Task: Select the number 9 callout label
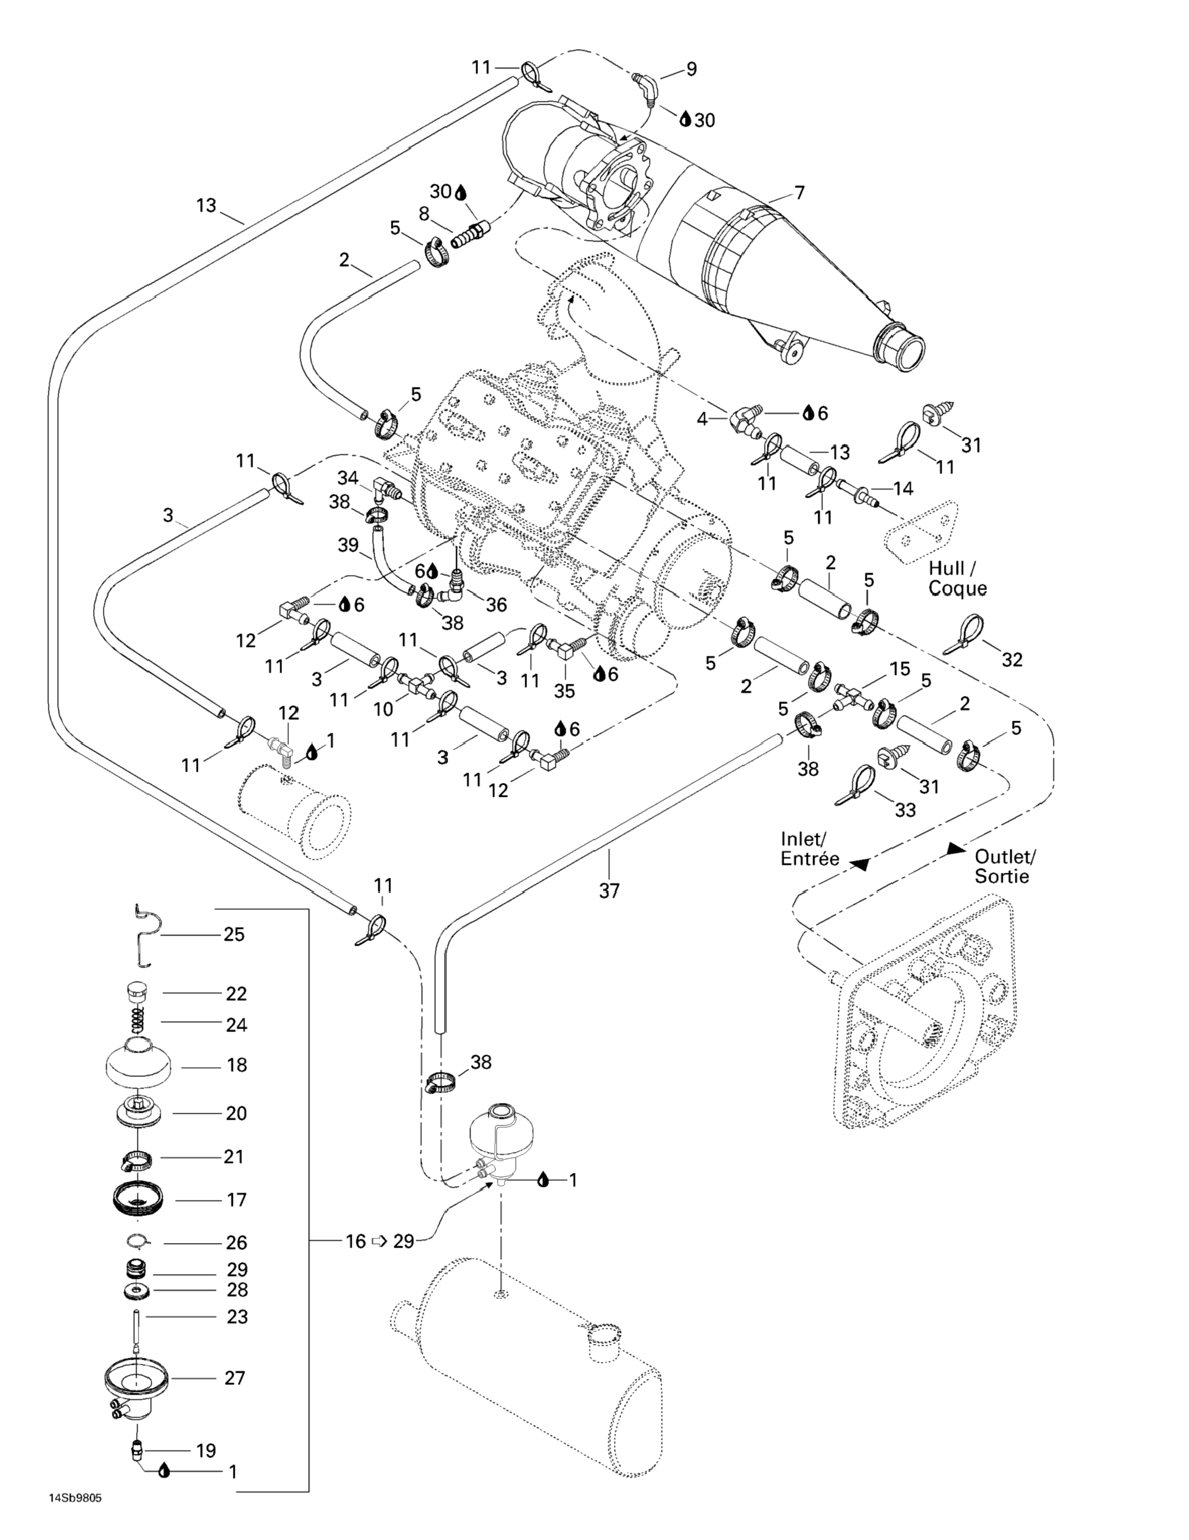(x=691, y=69)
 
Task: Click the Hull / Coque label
(x=957, y=578)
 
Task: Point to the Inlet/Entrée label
(x=810, y=849)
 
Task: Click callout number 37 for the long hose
(x=609, y=891)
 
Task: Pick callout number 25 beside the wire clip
(x=234, y=934)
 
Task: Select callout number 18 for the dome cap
(x=236, y=1065)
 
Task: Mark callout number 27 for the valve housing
(x=235, y=1377)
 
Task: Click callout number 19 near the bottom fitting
(x=205, y=1451)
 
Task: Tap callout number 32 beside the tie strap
(x=1012, y=659)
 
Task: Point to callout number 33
(x=905, y=810)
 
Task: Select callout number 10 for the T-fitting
(x=383, y=709)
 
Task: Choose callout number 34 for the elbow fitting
(x=348, y=478)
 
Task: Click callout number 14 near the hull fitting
(x=902, y=488)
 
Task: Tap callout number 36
(x=496, y=605)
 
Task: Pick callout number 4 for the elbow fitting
(x=702, y=419)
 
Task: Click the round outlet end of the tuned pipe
(x=900, y=345)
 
